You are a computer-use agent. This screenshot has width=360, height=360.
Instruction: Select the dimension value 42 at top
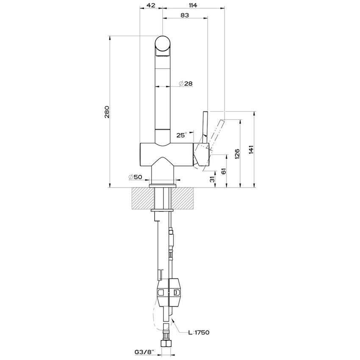point(150,5)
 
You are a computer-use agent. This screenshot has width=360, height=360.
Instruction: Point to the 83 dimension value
point(184,15)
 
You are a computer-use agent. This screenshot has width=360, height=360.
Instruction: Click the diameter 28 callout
point(186,83)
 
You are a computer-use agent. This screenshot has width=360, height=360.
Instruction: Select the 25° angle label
point(181,135)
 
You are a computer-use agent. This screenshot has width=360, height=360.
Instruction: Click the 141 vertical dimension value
point(251,150)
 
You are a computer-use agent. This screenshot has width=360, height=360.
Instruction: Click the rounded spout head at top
point(163,46)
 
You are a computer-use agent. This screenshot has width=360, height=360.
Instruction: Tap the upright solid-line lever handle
point(205,125)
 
